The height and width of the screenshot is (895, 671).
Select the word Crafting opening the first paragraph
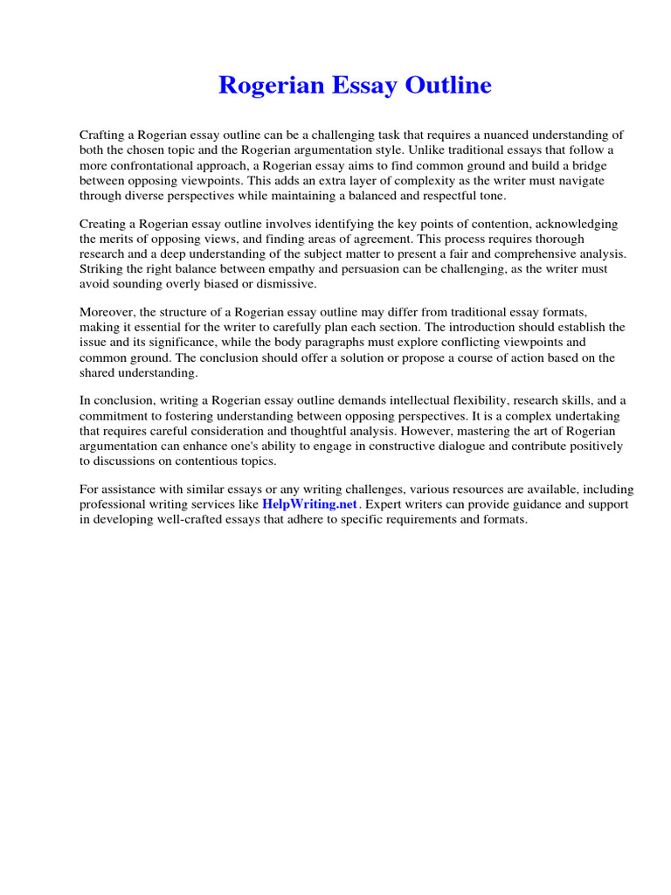click(x=107, y=135)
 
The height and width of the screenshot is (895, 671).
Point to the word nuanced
click(x=467, y=135)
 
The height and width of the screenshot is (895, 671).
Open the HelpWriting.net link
click(x=309, y=505)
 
